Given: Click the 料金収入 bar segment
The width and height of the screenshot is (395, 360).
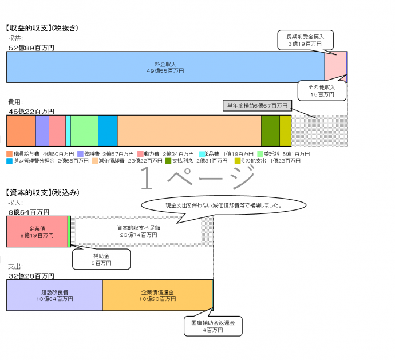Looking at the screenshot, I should coord(165,67).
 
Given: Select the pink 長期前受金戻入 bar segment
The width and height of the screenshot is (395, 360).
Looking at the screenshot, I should coord(335,67).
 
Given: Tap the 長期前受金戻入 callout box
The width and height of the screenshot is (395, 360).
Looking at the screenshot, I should coord(306,39).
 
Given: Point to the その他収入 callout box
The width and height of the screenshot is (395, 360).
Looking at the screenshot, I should coord(322,89).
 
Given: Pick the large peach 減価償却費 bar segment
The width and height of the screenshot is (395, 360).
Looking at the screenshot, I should coord(189,130).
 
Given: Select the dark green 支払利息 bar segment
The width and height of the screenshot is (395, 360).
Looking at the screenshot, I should coord(270,130).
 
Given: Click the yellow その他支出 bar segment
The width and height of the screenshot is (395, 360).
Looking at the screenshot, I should coord(285,130).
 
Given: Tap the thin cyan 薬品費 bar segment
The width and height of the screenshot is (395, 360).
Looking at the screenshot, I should coord(68,130).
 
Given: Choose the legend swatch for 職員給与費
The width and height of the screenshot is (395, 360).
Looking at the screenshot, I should coord(10,154).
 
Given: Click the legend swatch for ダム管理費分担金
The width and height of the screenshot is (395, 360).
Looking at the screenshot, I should coord(10,161).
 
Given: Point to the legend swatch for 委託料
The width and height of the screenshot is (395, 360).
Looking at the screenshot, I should coord(260,154).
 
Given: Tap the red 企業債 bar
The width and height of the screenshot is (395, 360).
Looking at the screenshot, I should coord(37,231).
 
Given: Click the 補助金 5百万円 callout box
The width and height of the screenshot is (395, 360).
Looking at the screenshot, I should coord(101,259).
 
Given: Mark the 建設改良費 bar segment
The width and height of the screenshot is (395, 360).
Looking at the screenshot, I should coord(54,295).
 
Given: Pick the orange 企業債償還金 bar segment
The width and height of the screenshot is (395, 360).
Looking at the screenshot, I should coord(157,295).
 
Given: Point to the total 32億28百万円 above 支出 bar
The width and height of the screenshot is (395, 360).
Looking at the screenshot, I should coord(32,276).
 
